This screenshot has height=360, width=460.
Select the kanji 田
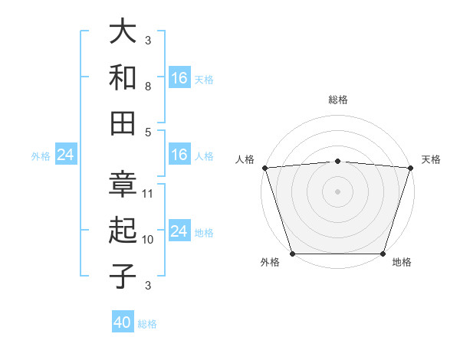click(123, 123)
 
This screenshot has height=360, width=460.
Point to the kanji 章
click(123, 184)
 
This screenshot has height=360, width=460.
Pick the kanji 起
click(123, 230)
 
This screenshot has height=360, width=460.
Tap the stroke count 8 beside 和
click(148, 87)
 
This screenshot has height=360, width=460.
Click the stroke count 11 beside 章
click(148, 193)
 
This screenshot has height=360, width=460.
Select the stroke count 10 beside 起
click(148, 239)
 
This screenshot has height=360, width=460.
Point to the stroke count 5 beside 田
click(148, 132)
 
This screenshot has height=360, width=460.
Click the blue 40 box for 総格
click(123, 323)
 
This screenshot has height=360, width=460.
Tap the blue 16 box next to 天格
click(179, 78)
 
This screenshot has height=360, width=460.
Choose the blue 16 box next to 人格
click(179, 155)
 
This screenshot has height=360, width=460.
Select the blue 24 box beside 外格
click(65, 155)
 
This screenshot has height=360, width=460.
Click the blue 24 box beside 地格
click(179, 231)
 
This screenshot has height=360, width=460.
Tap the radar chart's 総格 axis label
click(337, 100)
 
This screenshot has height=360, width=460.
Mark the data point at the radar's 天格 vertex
click(411, 168)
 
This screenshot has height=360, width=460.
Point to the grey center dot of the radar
click(337, 191)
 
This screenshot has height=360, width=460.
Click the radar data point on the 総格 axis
click(337, 161)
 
